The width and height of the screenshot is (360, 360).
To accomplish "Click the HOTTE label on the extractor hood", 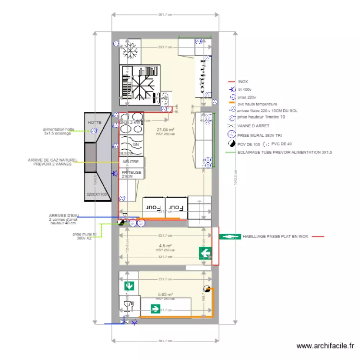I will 95,123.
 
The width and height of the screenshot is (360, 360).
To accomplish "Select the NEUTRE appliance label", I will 130,162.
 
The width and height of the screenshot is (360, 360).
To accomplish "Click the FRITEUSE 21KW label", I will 132,174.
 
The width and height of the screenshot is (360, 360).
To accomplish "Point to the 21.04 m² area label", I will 165,130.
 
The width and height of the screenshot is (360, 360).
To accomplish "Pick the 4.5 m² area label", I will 165,246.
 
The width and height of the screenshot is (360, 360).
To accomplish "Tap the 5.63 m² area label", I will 165,295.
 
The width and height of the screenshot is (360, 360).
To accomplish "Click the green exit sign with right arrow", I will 155,309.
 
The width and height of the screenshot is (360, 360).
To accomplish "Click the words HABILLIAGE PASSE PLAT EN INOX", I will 275,237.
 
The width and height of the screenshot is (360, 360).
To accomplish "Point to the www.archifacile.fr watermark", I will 325,346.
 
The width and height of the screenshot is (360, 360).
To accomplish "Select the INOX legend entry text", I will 243,82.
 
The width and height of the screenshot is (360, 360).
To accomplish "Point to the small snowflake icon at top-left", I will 129,51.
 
